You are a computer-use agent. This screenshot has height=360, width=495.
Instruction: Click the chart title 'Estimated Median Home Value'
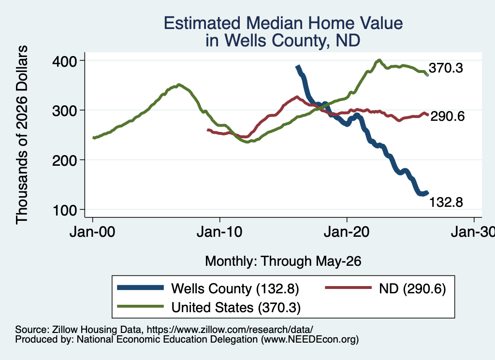[283, 23]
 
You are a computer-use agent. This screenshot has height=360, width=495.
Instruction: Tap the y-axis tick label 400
[64, 61]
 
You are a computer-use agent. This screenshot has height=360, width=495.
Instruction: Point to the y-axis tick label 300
[64, 111]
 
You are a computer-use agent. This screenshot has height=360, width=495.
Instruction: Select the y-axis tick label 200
[64, 160]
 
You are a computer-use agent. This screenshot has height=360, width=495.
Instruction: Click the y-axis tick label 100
[64, 210]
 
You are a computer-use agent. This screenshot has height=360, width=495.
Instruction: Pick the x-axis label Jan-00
[92, 232]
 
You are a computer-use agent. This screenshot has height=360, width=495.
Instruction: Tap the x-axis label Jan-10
[219, 232]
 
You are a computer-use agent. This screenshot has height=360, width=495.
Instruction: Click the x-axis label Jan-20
[347, 232]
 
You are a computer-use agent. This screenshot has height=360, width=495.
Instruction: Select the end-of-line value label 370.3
[446, 68]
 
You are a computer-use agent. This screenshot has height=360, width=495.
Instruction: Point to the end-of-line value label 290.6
[447, 116]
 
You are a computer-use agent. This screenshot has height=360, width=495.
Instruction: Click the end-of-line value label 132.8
[446, 202]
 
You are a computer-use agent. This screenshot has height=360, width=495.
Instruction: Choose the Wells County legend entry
[208, 288]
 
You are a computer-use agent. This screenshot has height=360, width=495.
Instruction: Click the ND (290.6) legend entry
[385, 288]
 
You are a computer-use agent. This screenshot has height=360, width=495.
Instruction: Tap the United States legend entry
[209, 307]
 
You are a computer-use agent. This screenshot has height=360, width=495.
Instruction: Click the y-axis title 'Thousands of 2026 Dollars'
[22, 135]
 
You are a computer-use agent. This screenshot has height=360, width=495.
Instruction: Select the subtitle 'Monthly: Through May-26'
[283, 261]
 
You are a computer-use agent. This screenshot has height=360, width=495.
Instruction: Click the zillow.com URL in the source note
[230, 330]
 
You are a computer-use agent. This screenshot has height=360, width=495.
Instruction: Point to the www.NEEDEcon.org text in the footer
[310, 340]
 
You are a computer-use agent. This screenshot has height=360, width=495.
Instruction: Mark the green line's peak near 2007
[179, 85]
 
